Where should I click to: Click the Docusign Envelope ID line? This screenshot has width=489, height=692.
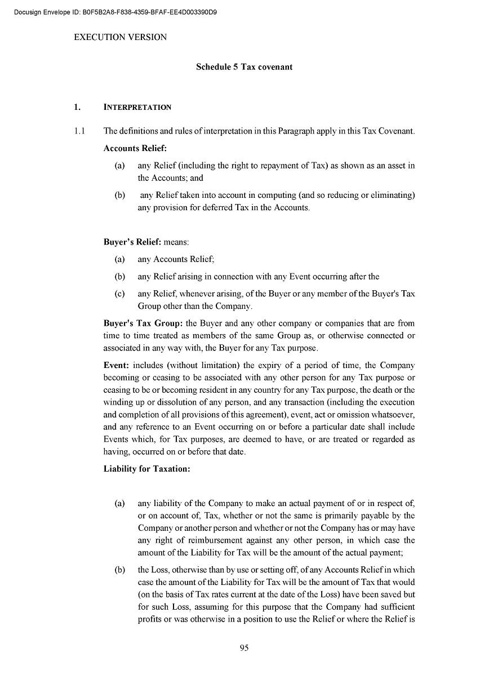click(116, 12)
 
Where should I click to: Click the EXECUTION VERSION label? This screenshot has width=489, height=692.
click(121, 37)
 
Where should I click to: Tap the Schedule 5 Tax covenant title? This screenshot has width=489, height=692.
click(244, 67)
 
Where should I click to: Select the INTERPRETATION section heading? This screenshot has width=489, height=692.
click(137, 107)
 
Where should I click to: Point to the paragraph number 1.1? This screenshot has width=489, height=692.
click(79, 131)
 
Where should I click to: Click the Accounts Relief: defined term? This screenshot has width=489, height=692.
click(135, 148)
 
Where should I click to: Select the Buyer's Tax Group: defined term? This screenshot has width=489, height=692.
click(143, 323)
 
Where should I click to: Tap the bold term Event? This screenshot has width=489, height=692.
click(117, 365)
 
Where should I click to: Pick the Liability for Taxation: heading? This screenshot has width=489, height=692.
click(146, 468)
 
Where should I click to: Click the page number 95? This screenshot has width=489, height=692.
click(244, 647)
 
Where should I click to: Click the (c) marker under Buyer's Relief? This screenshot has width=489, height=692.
click(119, 294)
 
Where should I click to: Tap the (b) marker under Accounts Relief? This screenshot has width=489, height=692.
click(119, 195)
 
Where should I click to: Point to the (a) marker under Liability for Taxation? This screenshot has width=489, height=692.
click(119, 503)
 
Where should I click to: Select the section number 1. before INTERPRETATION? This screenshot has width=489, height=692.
click(77, 107)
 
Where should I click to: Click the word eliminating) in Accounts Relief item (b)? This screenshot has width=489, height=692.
click(388, 195)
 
